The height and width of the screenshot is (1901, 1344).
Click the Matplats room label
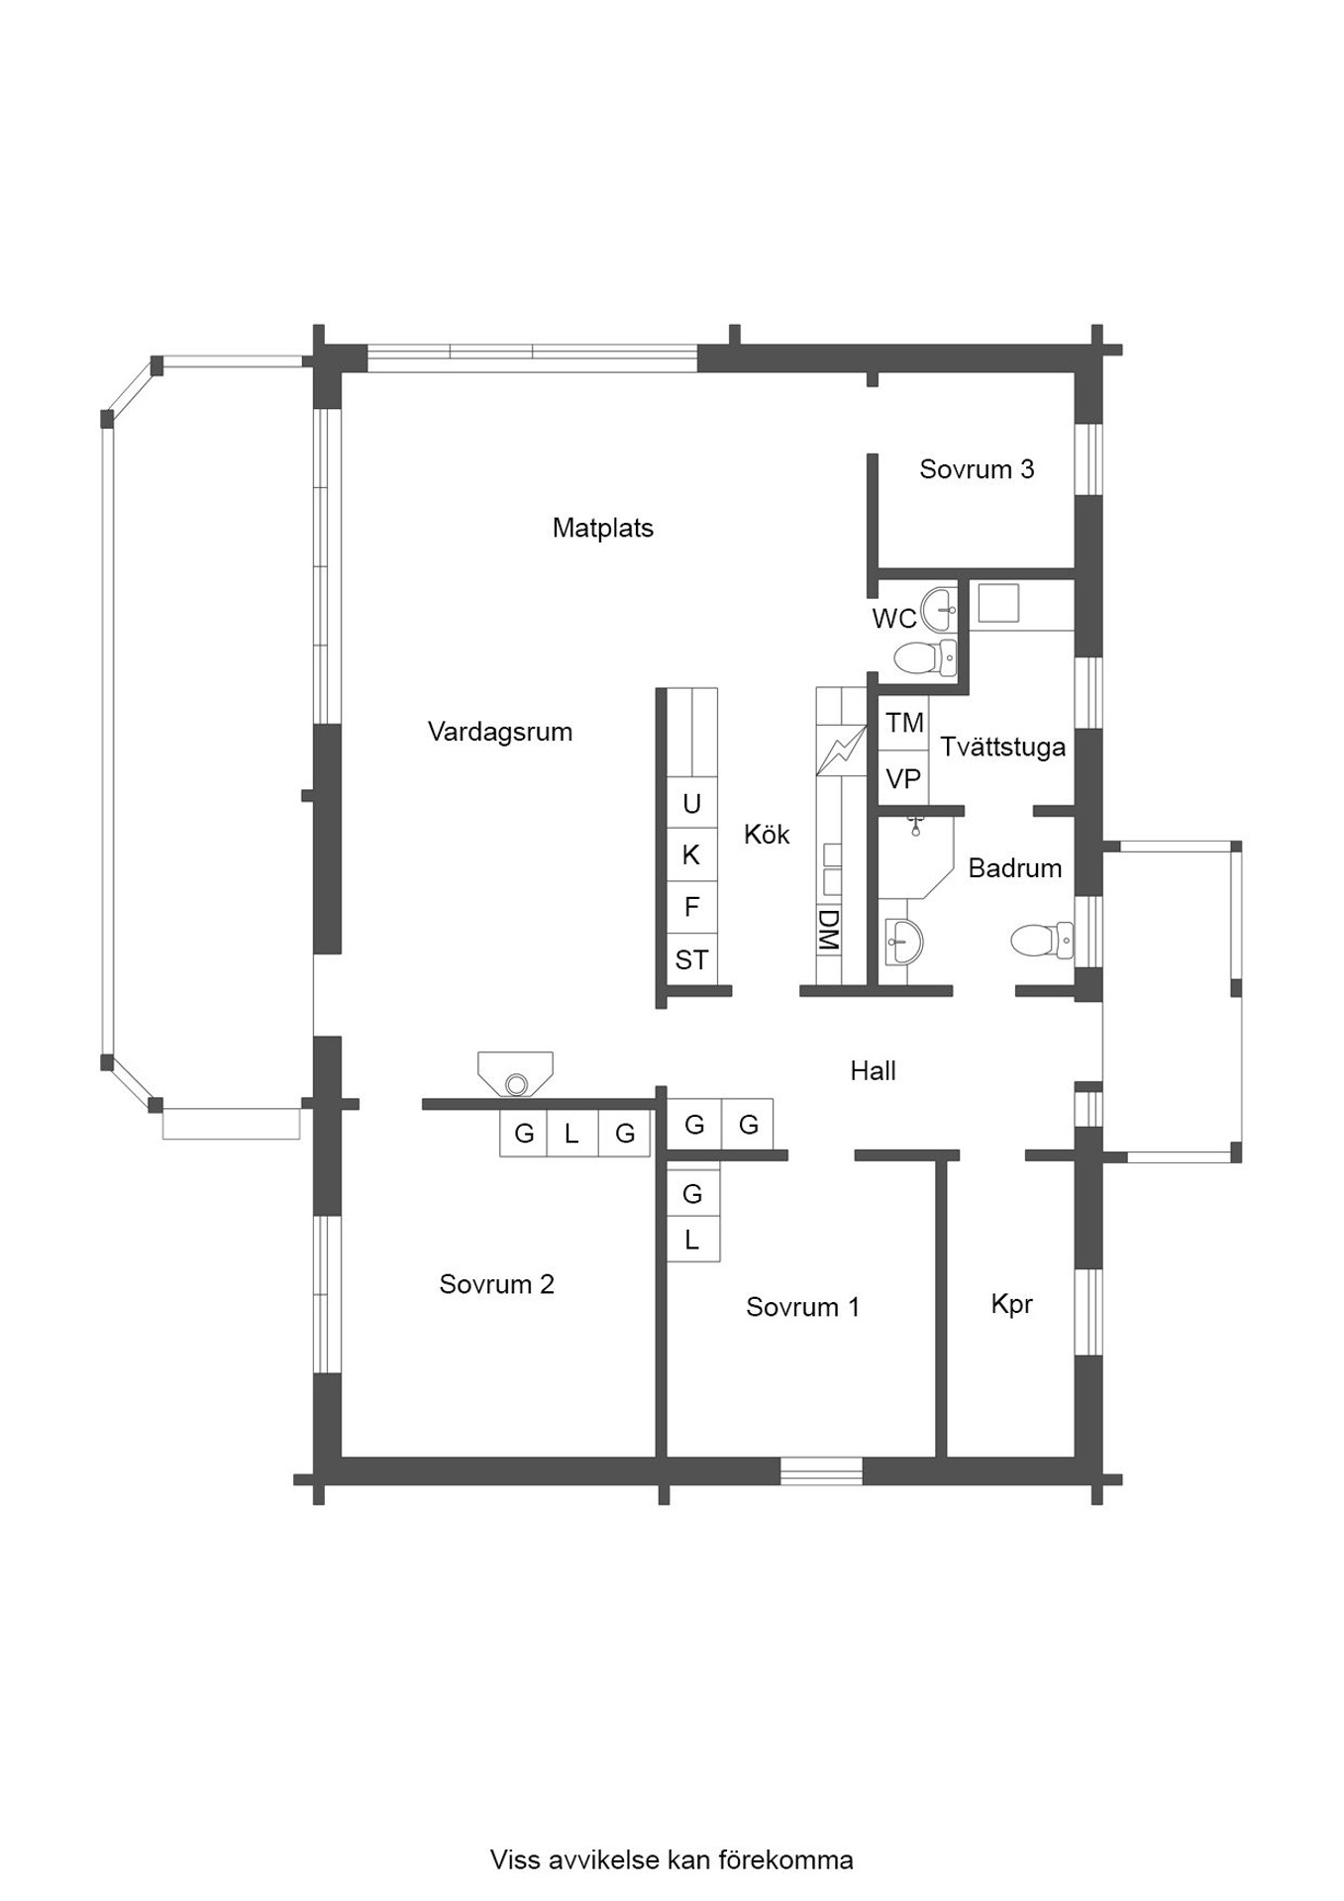[x=602, y=528]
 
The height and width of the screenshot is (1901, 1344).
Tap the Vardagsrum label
[x=499, y=733]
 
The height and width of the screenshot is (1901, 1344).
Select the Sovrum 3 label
[x=977, y=469]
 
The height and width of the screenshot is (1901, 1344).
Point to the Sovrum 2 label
[x=496, y=1284]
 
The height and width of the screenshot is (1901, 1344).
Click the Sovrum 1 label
[x=802, y=1307]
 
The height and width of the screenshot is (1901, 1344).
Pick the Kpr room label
[x=1011, y=1305]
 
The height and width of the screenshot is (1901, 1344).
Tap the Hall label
[x=873, y=1070]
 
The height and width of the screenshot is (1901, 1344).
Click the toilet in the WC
[x=925, y=656]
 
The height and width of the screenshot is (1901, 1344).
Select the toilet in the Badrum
[x=1042, y=940]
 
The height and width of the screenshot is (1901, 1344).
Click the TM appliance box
[x=904, y=723]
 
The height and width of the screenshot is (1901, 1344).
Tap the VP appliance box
[x=904, y=779]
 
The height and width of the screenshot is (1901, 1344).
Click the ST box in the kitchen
[x=691, y=959]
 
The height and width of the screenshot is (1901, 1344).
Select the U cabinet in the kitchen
[x=691, y=803]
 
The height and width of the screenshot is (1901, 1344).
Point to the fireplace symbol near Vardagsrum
[x=515, y=1075]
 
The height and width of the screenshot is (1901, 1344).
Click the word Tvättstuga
[x=1002, y=747]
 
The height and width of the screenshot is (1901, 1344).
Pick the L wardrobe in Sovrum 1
[x=692, y=1240]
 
